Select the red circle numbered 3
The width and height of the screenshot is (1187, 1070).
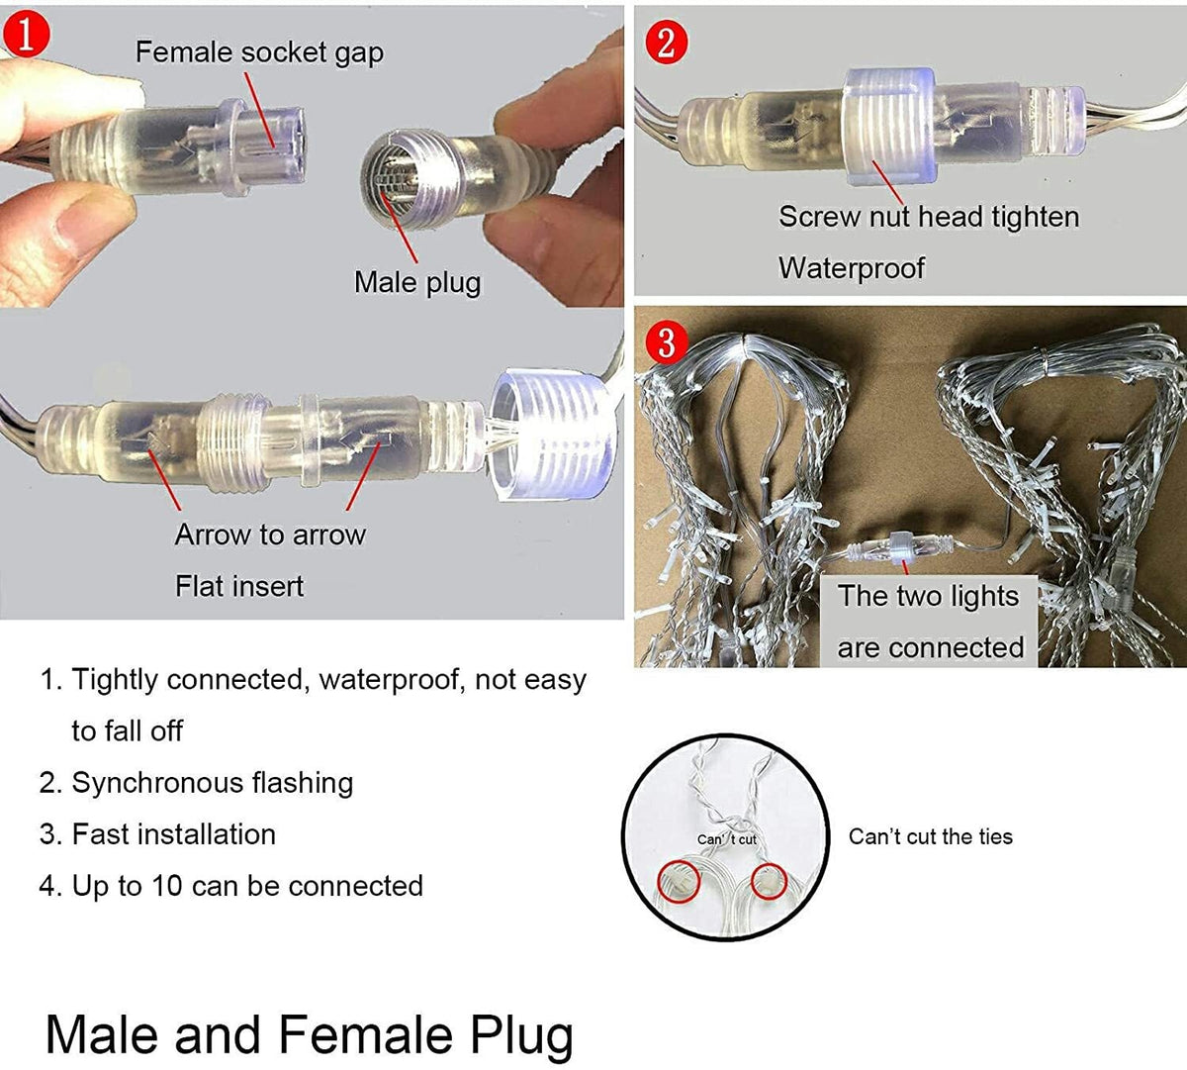667,341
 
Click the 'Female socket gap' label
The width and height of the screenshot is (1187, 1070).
259,53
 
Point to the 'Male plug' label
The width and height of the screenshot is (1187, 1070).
417,282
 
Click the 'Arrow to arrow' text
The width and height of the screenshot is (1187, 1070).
270,535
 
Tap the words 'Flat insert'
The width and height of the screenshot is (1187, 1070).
239,586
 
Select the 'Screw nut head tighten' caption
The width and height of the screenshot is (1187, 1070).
929,218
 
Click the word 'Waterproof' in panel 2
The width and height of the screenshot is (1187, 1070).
852,268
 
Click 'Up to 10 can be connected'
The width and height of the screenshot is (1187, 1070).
231,887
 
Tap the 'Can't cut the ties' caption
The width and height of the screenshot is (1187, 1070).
930,836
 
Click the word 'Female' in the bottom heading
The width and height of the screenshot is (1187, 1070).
365,1035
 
